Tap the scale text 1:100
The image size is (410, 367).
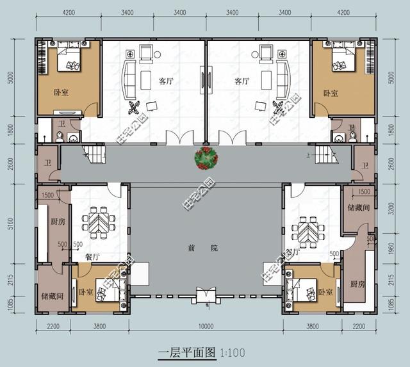(x=233, y=352)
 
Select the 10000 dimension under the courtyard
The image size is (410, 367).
(x=206, y=327)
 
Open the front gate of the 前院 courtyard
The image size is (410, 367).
(x=206, y=297)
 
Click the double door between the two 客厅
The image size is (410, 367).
(x=206, y=81)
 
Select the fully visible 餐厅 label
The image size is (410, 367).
(x=92, y=256)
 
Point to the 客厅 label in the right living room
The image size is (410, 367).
(x=242, y=81)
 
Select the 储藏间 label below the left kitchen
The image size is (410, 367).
(x=51, y=297)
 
